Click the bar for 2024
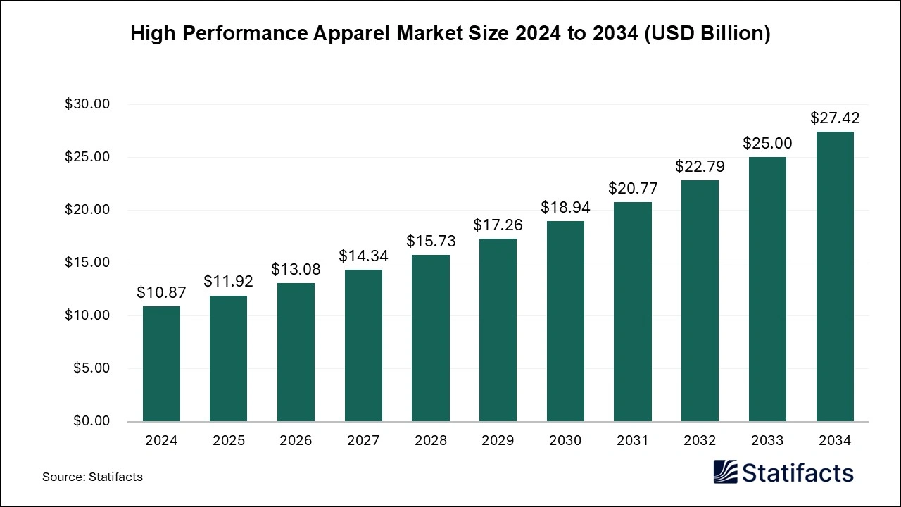161,364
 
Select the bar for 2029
498,330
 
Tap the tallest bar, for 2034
835,277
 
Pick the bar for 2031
633,312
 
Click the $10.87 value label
161,292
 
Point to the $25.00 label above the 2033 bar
767,144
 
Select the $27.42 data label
835,118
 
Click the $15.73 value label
431,241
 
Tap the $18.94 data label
565,207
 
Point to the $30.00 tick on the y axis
87,104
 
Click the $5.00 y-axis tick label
91,368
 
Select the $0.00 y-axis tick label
91,421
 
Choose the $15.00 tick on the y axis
87,263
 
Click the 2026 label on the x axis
296,441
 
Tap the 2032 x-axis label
700,441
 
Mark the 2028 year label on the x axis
431,441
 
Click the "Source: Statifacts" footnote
92,477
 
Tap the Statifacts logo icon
726,472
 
